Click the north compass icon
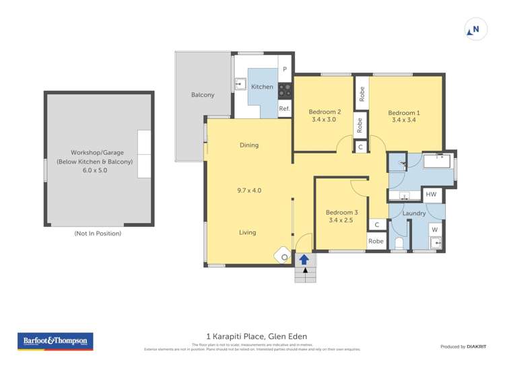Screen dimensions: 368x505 (x=475, y=30)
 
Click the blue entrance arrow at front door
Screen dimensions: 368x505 (x=304, y=259)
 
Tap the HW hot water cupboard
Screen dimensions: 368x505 (x=432, y=194)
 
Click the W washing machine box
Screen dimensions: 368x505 (x=434, y=229)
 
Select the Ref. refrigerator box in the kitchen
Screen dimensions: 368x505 (x=285, y=109)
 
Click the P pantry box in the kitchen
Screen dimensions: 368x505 (x=285, y=69)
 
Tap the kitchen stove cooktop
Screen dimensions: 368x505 (x=285, y=88)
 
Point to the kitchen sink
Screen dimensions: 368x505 (x=240, y=84)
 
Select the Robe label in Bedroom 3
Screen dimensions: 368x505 (x=376, y=242)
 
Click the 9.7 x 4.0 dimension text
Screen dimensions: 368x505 (x=249, y=190)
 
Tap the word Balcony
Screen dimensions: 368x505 (x=203, y=95)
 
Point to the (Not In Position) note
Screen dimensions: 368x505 (x=98, y=233)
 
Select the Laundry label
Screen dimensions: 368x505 (x=413, y=213)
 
